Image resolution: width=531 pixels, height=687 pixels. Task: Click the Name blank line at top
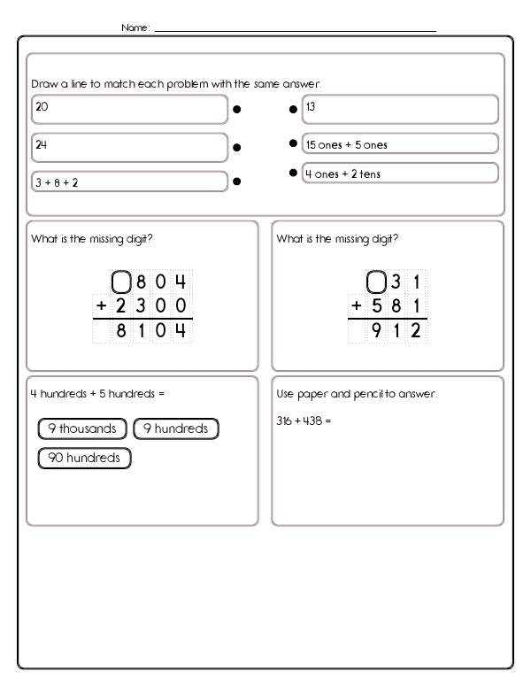point(295,30)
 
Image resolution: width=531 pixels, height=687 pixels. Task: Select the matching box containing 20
point(129,109)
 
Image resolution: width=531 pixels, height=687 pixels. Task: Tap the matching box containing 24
point(129,146)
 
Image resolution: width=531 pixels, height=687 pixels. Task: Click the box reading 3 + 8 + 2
point(129,181)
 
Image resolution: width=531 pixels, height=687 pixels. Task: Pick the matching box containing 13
point(400,109)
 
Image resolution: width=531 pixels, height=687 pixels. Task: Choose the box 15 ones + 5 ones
point(400,143)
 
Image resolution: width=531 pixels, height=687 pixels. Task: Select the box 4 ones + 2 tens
point(400,174)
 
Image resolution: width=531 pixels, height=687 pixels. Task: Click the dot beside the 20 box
point(236,111)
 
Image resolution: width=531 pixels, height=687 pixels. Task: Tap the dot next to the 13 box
point(293,110)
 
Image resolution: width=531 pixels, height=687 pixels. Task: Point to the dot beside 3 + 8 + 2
point(236,181)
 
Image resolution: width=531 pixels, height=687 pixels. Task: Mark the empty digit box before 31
point(376,283)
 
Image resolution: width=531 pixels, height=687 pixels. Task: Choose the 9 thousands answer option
point(82,429)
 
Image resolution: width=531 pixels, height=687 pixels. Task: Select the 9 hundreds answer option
point(175,429)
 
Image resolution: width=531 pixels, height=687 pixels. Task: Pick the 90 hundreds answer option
point(85,458)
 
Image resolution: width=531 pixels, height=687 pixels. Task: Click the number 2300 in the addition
point(152,306)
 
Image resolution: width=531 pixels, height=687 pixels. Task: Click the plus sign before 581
point(356,306)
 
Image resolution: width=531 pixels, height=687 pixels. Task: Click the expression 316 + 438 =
point(304,422)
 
